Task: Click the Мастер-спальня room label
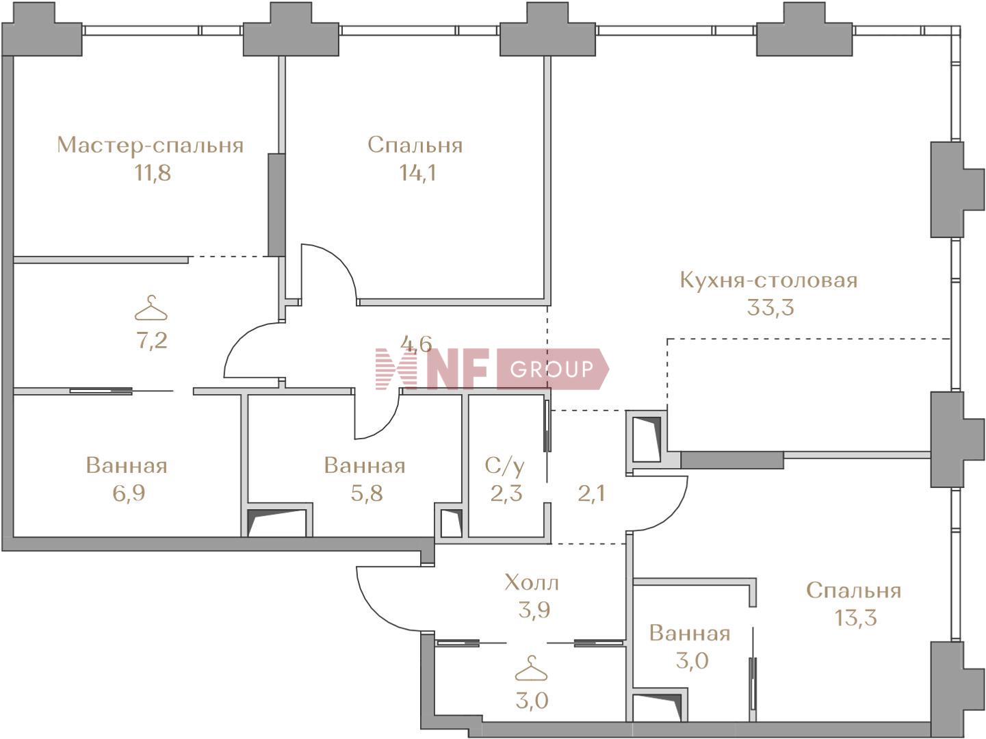pyautogui.click(x=151, y=146)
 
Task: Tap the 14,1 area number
pyautogui.click(x=418, y=173)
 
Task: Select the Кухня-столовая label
pyautogui.click(x=768, y=281)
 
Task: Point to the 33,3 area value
pyautogui.click(x=770, y=308)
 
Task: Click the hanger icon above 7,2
pyautogui.click(x=151, y=308)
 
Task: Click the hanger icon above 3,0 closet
pyautogui.click(x=532, y=669)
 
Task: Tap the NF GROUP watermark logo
pyautogui.click(x=492, y=369)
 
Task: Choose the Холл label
pyautogui.click(x=532, y=583)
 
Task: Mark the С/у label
pyautogui.click(x=504, y=466)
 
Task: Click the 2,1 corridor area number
pyautogui.click(x=591, y=493)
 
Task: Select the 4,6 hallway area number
pyautogui.click(x=416, y=344)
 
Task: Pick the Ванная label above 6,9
pyautogui.click(x=127, y=466)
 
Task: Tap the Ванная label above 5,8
pyautogui.click(x=365, y=466)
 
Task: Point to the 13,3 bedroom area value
pyautogui.click(x=855, y=618)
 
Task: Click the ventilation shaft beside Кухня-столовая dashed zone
pyautogui.click(x=646, y=438)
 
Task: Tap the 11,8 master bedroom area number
pyautogui.click(x=153, y=173)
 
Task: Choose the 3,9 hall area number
pyautogui.click(x=534, y=610)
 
